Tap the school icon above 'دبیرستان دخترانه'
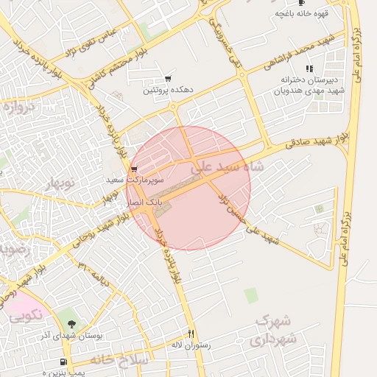309,68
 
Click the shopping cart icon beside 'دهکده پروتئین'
169,78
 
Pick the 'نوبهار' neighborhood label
61,183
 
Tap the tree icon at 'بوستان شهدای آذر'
71,324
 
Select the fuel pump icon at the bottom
63,362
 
